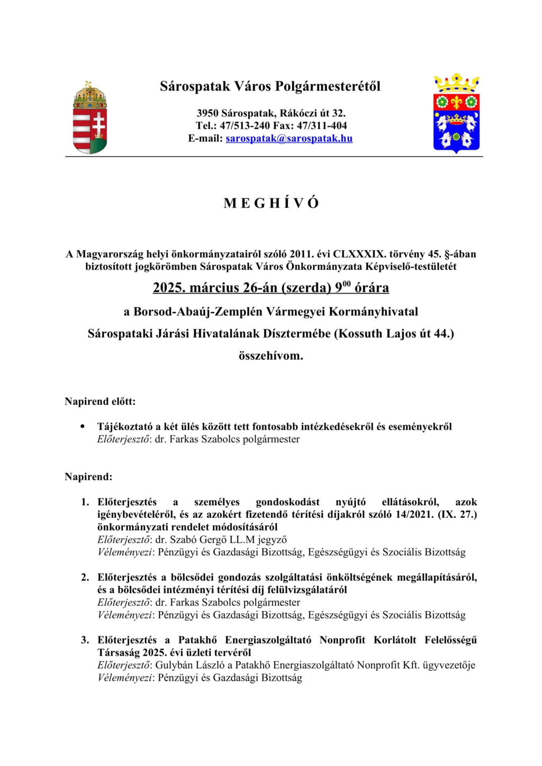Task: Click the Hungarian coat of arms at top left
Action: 89,117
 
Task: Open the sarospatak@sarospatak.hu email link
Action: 289,139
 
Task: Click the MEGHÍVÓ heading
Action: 271,203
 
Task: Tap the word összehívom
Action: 271,356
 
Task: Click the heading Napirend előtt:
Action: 100,402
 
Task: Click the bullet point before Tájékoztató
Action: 82,425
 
